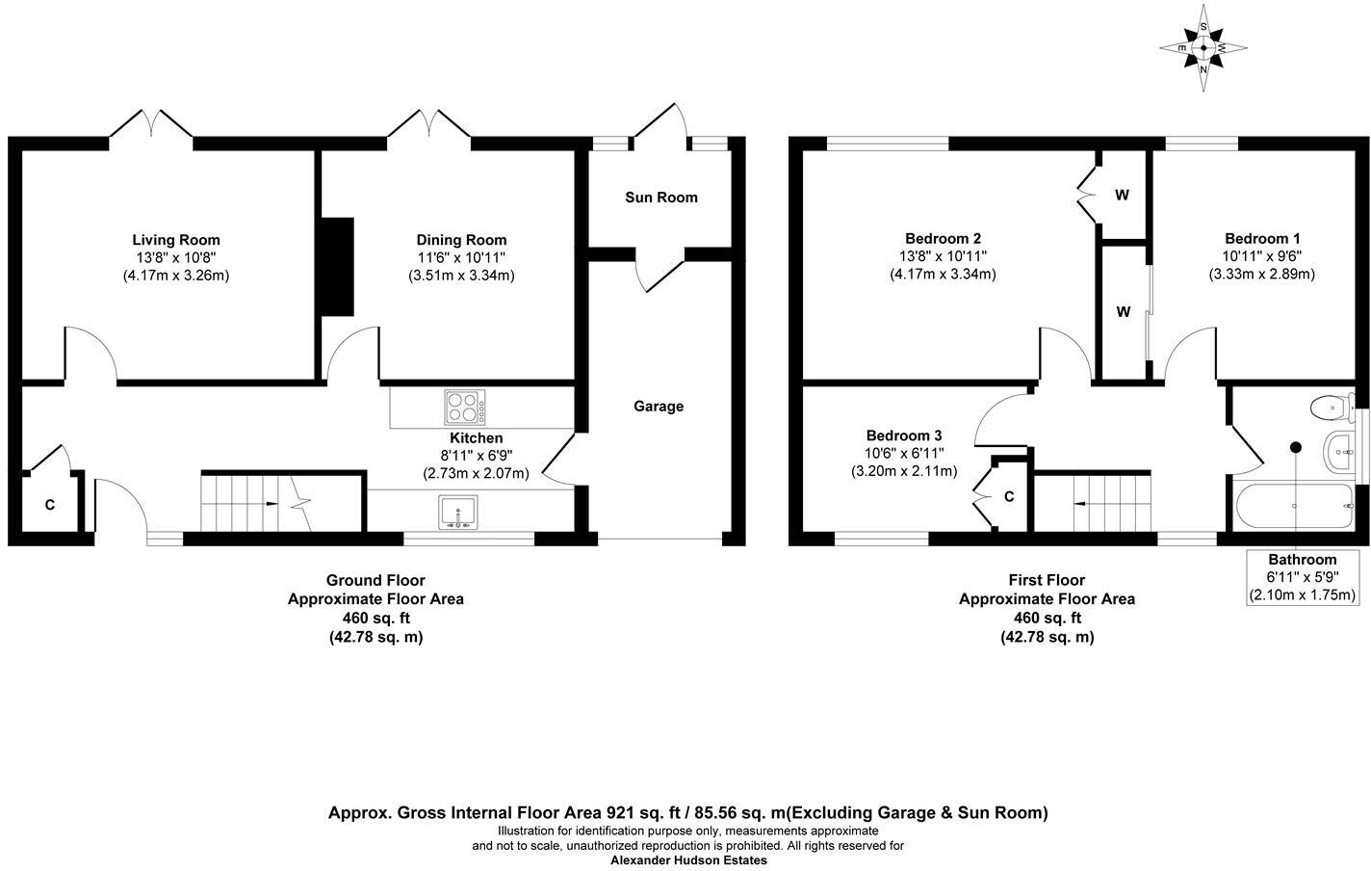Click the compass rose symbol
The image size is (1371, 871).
(x=1203, y=47)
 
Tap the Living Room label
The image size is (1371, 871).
(x=176, y=240)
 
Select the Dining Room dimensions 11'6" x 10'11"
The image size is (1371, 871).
(x=461, y=258)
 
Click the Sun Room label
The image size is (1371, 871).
(x=661, y=198)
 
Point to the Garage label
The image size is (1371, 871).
(x=659, y=407)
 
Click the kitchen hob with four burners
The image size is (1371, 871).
(x=464, y=407)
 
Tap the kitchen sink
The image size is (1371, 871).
(x=458, y=512)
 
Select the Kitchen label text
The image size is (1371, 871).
(x=477, y=438)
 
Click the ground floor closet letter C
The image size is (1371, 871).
(x=49, y=505)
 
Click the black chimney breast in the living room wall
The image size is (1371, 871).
(x=337, y=266)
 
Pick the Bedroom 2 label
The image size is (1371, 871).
(x=943, y=239)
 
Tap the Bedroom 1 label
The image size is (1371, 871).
(x=1262, y=239)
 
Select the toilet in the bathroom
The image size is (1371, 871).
(x=1330, y=409)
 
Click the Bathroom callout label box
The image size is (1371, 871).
(x=1302, y=577)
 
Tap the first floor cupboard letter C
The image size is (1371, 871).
(x=1009, y=497)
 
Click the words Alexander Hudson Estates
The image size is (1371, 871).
(x=688, y=860)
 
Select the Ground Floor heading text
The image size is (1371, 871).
(x=375, y=580)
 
